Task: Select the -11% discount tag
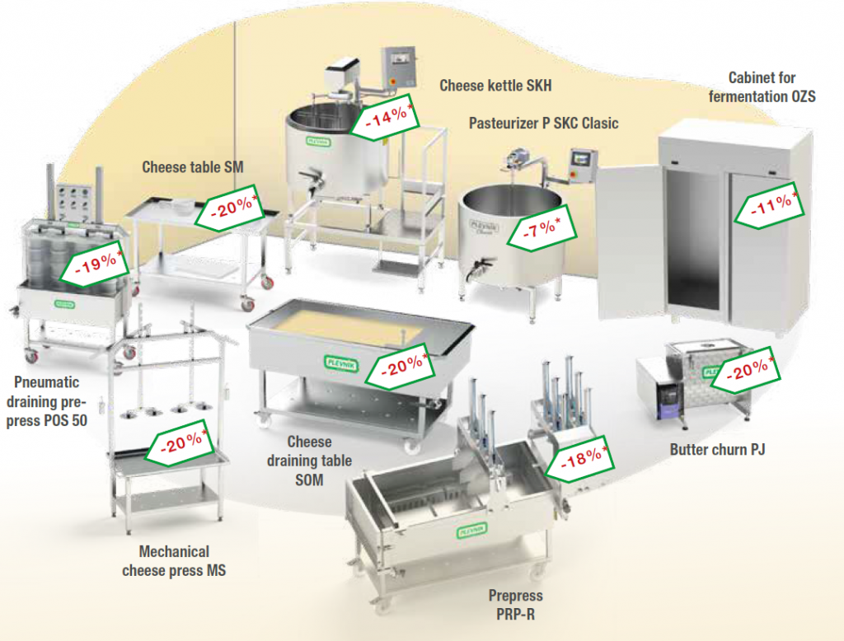pos(767,207)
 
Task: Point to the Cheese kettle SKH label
pos(495,85)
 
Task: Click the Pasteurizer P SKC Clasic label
pos(543,124)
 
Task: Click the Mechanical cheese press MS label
pos(174,560)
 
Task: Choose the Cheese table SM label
pos(192,166)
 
